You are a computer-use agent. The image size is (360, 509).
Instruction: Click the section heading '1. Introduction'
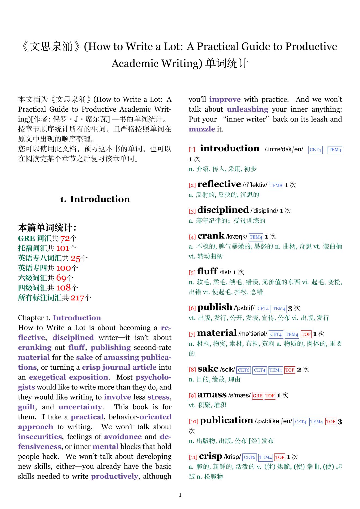(94, 199)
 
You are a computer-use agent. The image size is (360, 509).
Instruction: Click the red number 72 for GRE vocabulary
(65, 239)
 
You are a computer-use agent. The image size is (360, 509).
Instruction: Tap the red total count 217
(77, 298)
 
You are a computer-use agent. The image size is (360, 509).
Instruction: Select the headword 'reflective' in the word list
(219, 184)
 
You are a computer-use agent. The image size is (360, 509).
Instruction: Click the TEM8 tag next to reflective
(276, 186)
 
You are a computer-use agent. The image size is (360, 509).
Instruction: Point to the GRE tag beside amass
(257, 396)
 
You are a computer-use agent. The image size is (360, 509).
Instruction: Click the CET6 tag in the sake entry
(243, 370)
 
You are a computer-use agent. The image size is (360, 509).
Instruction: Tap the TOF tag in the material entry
(306, 334)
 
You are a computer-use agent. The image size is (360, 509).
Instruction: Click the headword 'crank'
(211, 236)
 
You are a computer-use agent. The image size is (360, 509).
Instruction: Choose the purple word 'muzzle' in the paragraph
(202, 129)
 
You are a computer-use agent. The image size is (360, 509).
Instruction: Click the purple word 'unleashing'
(247, 109)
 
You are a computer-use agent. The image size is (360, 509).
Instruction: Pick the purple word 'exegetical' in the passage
(47, 377)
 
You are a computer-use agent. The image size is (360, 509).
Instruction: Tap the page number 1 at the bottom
(180, 495)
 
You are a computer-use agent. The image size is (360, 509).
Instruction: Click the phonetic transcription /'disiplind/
(264, 211)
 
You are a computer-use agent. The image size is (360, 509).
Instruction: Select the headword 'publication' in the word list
(226, 421)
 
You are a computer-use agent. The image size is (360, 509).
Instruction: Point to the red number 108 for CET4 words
(63, 288)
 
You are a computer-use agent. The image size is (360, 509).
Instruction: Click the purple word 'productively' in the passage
(114, 476)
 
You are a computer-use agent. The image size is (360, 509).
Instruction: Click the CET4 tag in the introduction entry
(315, 150)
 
